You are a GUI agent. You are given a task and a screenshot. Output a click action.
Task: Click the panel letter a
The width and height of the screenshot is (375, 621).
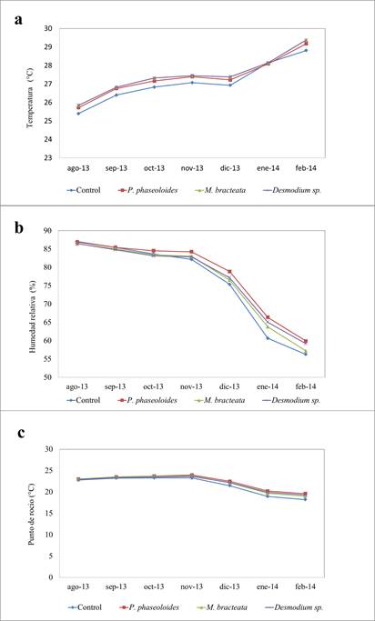(18, 20)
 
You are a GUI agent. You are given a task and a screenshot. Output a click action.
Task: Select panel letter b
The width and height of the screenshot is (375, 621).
(19, 229)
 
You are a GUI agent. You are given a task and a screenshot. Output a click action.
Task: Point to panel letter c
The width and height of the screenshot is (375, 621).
(22, 433)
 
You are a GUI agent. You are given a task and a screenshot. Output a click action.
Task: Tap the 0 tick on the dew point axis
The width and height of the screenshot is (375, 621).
(51, 577)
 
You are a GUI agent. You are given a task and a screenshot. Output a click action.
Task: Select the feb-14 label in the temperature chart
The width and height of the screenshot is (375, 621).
(306, 168)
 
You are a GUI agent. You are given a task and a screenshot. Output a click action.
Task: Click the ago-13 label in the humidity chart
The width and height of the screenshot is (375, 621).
(78, 387)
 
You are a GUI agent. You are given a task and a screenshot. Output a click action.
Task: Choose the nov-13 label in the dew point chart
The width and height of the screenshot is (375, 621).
(192, 587)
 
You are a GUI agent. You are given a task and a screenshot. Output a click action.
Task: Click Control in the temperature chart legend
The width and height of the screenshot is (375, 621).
(89, 190)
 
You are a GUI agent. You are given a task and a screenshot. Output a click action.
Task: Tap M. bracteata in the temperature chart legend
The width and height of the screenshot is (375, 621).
(227, 190)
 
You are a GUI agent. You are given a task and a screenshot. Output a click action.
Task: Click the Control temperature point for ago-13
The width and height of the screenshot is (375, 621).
(78, 114)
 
